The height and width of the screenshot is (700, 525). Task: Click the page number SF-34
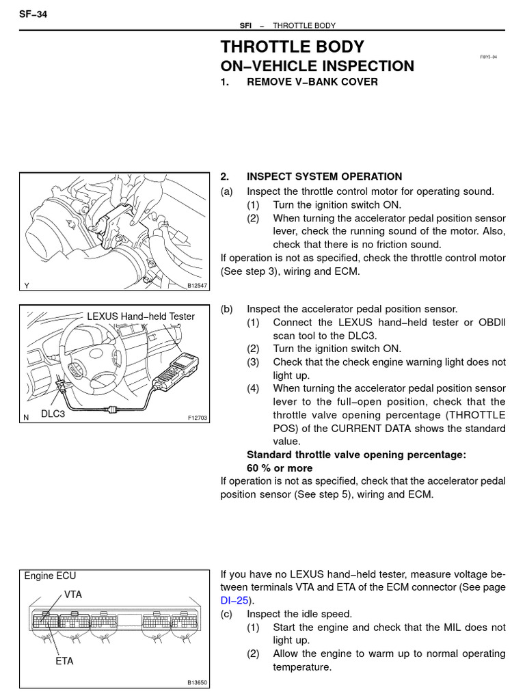(x=33, y=14)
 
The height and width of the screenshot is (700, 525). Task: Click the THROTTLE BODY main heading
(x=292, y=46)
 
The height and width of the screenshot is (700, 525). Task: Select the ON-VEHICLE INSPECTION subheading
(x=317, y=66)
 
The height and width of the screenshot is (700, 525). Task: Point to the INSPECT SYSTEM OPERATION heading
(x=324, y=176)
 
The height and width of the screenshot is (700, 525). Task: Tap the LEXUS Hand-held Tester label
(x=140, y=316)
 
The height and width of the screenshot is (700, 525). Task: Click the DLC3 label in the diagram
(x=53, y=414)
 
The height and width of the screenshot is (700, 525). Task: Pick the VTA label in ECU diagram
(x=73, y=595)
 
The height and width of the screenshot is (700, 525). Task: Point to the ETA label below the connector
(x=65, y=661)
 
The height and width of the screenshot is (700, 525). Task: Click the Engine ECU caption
(x=48, y=576)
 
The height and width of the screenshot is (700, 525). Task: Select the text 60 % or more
(x=280, y=468)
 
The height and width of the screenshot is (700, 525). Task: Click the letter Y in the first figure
(x=27, y=286)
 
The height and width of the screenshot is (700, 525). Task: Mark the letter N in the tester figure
(x=27, y=416)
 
